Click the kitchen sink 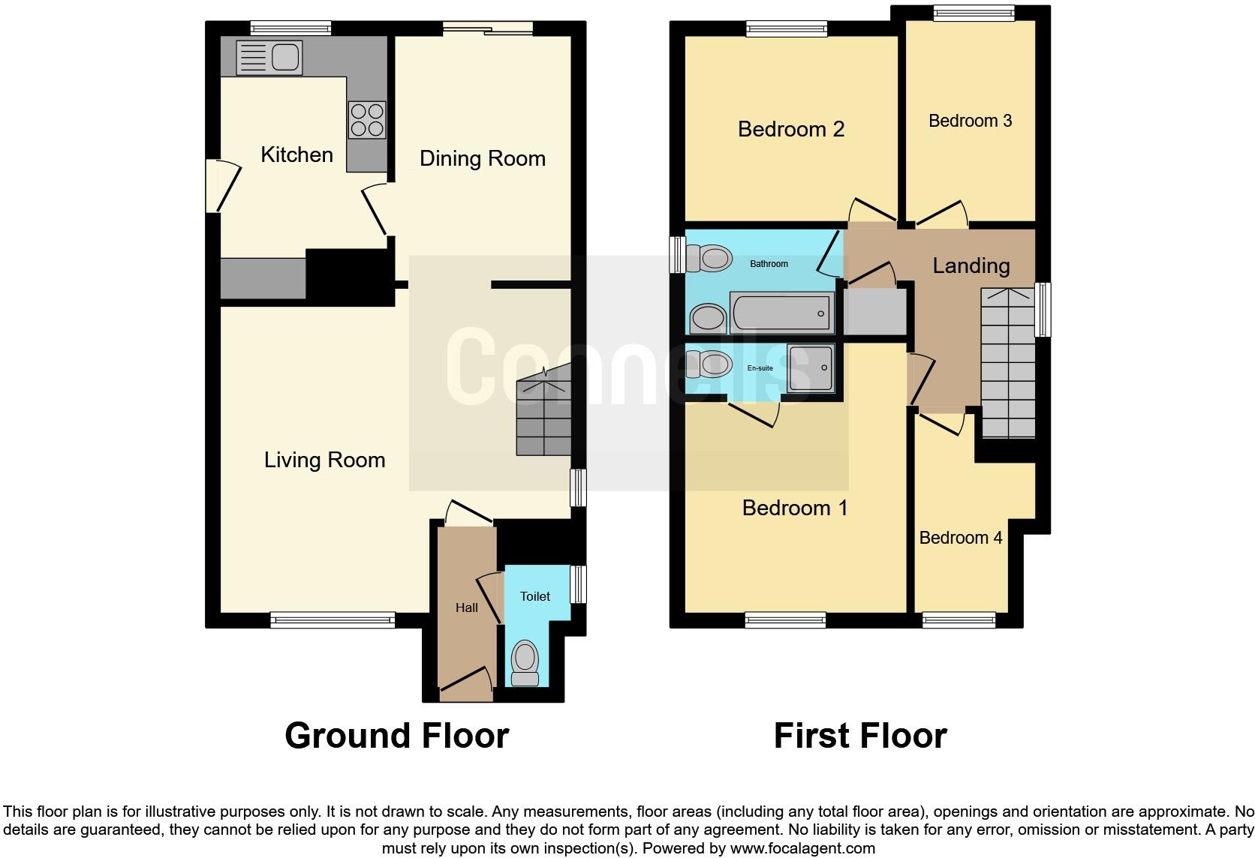tap(269, 58)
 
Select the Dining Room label tap(482, 158)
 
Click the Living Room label tap(324, 460)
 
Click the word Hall tap(466, 607)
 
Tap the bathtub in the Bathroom tap(781, 313)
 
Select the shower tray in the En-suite tap(810, 368)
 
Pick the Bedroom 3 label tap(970, 121)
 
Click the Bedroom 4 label tap(960, 538)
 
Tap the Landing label tap(971, 265)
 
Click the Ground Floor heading tap(396, 736)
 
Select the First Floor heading tap(859, 736)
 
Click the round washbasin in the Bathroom tap(706, 318)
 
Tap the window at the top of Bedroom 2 tap(787, 29)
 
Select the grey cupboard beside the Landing tap(874, 311)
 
